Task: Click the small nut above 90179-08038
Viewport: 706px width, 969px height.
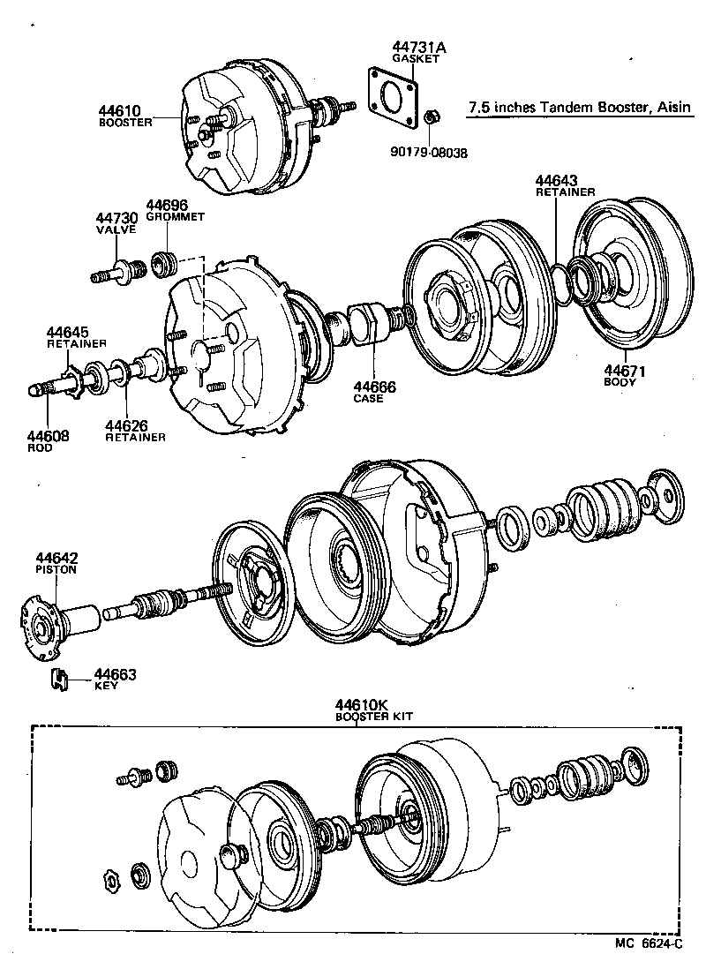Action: [x=432, y=116]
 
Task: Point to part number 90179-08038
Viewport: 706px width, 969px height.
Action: [x=430, y=152]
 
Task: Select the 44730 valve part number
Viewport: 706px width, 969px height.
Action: [x=116, y=218]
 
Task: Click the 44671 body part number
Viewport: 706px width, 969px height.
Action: [x=625, y=372]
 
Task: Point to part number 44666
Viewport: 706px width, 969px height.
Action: [x=374, y=387]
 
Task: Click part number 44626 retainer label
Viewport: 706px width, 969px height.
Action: [x=126, y=425]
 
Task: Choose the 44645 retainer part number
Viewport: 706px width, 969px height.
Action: [x=69, y=333]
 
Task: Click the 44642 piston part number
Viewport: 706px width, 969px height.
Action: [x=56, y=558]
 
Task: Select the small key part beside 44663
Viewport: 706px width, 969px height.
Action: [x=59, y=680]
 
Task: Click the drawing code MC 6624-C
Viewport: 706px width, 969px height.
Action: [x=649, y=943]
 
